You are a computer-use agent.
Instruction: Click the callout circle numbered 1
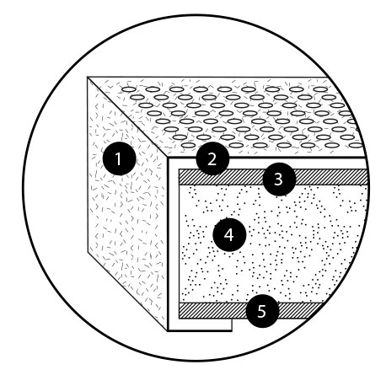pyautogui.click(x=120, y=158)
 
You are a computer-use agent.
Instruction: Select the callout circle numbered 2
pyautogui.click(x=212, y=158)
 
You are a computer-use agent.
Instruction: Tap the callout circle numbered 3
pyautogui.click(x=279, y=180)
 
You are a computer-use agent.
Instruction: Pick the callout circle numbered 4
pyautogui.click(x=229, y=234)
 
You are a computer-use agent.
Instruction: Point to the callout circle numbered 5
pyautogui.click(x=262, y=311)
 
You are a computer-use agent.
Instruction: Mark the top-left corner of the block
pyautogui.click(x=88, y=78)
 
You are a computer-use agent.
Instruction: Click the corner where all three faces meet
pyautogui.click(x=168, y=158)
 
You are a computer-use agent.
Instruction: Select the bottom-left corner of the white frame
pyautogui.click(x=168, y=331)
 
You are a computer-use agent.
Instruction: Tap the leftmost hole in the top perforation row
pyautogui.click(x=128, y=89)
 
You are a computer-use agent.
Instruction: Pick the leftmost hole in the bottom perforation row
pyautogui.click(x=189, y=146)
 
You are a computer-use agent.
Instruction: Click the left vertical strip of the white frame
pyautogui.click(x=174, y=244)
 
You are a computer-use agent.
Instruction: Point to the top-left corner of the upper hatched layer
pyautogui.click(x=180, y=169)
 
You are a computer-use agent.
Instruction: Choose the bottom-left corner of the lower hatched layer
pyautogui.click(x=180, y=319)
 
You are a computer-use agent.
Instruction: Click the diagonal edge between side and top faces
pyautogui.click(x=127, y=117)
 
